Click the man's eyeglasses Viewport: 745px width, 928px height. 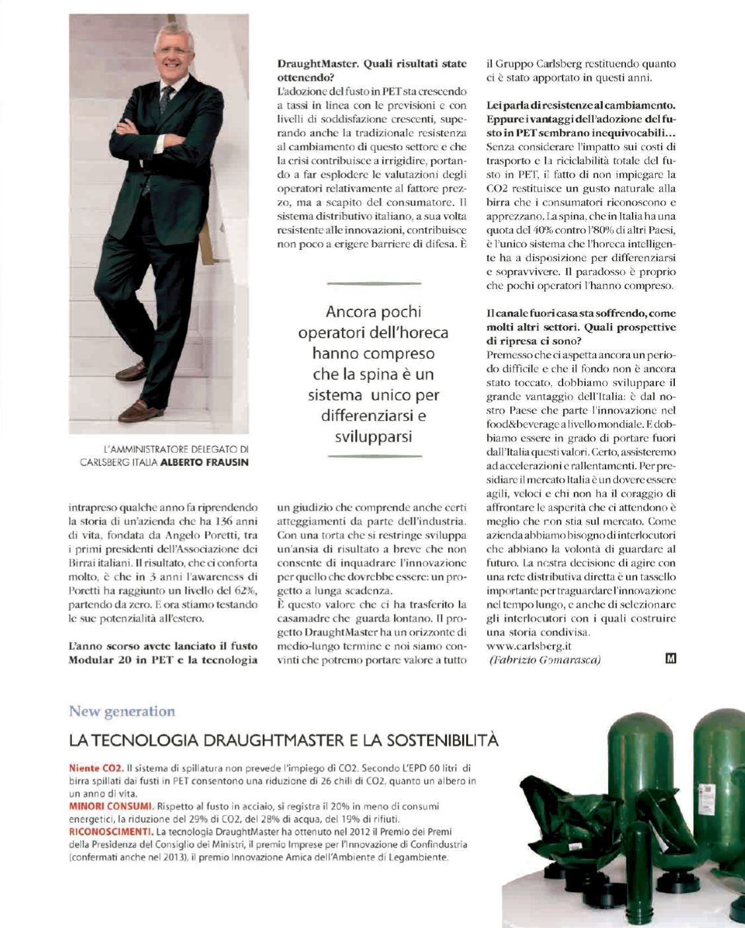pos(173,51)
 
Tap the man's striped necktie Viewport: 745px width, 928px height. pos(165,100)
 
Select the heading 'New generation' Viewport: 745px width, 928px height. pos(122,711)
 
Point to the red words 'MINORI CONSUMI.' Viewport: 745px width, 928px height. pos(111,806)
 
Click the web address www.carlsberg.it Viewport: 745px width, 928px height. pos(529,646)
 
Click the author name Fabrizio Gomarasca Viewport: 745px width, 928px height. pos(545,660)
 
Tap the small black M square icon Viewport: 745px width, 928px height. pos(671,658)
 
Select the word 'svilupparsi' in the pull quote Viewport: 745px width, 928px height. pos(373,437)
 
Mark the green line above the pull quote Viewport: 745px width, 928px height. pos(374,284)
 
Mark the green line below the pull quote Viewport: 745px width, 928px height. pos(374,456)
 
